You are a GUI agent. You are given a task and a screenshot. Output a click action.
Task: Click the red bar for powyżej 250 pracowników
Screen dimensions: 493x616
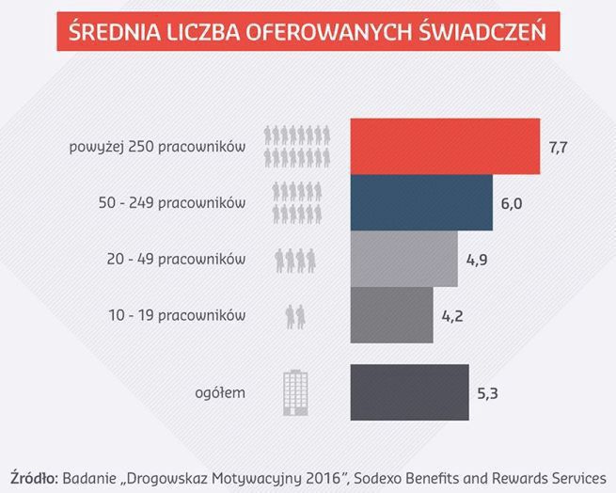tap(445, 147)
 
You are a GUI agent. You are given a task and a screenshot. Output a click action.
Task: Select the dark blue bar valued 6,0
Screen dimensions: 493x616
tap(421, 202)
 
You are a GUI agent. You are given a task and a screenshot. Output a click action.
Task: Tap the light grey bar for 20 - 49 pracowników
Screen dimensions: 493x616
tap(403, 258)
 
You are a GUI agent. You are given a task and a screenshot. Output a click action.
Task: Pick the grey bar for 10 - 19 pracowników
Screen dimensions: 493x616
tap(391, 314)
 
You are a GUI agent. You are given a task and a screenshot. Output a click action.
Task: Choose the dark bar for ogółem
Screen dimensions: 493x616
tap(409, 391)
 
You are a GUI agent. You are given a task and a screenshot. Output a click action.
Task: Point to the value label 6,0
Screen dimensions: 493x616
tap(511, 203)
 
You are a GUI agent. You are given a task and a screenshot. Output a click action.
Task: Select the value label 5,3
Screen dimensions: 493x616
tap(486, 392)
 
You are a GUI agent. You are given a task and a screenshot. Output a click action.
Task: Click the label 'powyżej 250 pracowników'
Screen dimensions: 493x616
tap(157, 148)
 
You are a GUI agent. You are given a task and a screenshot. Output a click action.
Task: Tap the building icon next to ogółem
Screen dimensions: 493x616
tap(295, 392)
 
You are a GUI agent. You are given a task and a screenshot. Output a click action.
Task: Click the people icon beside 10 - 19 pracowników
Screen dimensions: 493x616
tap(295, 315)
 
